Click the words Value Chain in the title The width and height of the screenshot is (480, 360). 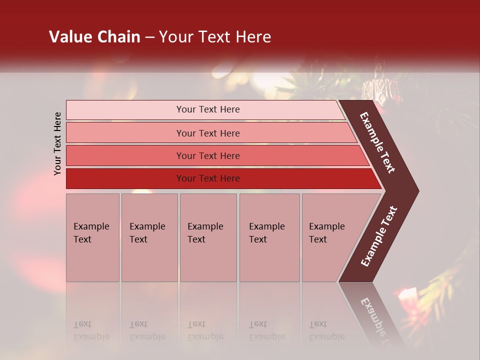coord(94,37)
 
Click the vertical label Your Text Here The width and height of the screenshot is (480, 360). coord(57,143)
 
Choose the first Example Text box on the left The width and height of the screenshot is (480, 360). coord(92,237)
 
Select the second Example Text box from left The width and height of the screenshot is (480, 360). coord(149,237)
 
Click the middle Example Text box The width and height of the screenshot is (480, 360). coord(208,237)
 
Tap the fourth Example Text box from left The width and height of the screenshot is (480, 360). coord(269,237)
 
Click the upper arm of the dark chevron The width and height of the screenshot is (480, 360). coord(378,142)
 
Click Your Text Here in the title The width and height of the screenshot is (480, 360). coord(215,37)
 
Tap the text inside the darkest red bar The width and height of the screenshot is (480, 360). coord(208,178)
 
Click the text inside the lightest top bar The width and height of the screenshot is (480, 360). coord(208,109)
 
